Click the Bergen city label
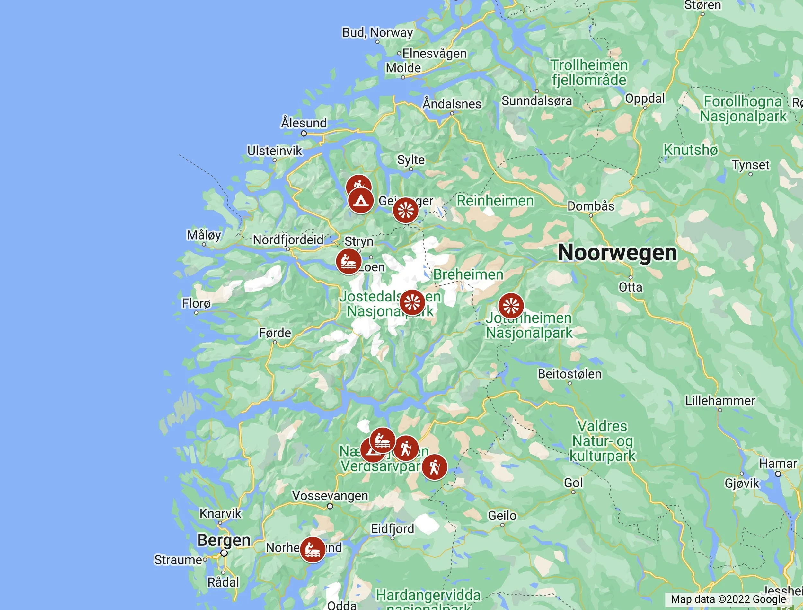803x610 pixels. pyautogui.click(x=224, y=540)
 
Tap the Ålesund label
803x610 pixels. pyautogui.click(x=304, y=123)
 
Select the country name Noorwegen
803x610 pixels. pyautogui.click(x=617, y=253)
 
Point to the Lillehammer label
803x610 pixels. pyautogui.click(x=720, y=401)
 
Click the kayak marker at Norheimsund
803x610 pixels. pyautogui.click(x=312, y=550)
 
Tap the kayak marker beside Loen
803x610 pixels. pyautogui.click(x=348, y=261)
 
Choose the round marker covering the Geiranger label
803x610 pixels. pyautogui.click(x=405, y=210)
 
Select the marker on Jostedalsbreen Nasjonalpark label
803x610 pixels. pyautogui.click(x=412, y=302)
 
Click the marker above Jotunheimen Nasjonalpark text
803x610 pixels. pyautogui.click(x=511, y=306)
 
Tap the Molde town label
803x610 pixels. pyautogui.click(x=403, y=68)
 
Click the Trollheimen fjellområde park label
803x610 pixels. pyautogui.click(x=589, y=73)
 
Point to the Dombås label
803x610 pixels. pyautogui.click(x=591, y=206)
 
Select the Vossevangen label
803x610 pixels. pyautogui.click(x=330, y=496)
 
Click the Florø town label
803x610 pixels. pyautogui.click(x=196, y=303)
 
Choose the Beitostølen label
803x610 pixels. pyautogui.click(x=569, y=374)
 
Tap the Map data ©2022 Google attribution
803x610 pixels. pyautogui.click(x=728, y=599)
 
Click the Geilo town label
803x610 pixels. pyautogui.click(x=502, y=516)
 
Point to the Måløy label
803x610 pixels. pyautogui.click(x=204, y=235)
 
